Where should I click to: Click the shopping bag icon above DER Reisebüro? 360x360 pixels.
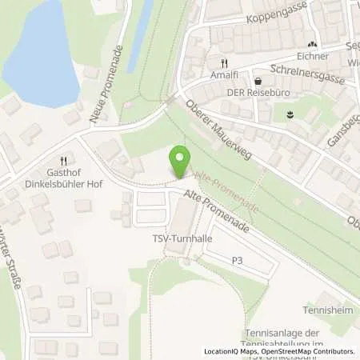258,81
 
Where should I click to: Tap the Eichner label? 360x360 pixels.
312,57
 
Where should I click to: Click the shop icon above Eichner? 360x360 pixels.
312,45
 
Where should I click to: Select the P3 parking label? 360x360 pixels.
237,260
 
